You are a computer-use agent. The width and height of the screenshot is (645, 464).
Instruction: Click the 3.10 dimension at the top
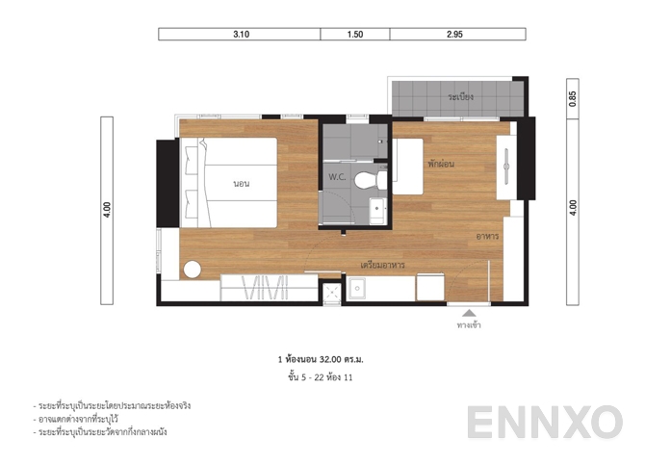(x=241, y=34)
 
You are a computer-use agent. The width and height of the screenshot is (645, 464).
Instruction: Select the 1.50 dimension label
(x=355, y=34)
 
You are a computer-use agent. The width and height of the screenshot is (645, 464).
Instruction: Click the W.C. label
(x=337, y=177)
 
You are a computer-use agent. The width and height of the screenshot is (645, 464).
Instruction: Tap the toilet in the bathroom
(x=367, y=179)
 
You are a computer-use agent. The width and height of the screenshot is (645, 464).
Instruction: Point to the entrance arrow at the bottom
(x=469, y=313)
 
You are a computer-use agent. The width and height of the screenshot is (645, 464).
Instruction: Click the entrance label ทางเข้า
(x=469, y=325)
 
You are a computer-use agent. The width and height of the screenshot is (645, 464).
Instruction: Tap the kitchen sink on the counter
(x=356, y=287)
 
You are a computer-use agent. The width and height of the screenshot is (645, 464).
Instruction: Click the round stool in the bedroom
(x=192, y=270)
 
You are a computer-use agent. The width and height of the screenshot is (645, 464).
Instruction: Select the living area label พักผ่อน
(x=441, y=164)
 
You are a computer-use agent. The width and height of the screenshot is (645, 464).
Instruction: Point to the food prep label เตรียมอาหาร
(x=381, y=264)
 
